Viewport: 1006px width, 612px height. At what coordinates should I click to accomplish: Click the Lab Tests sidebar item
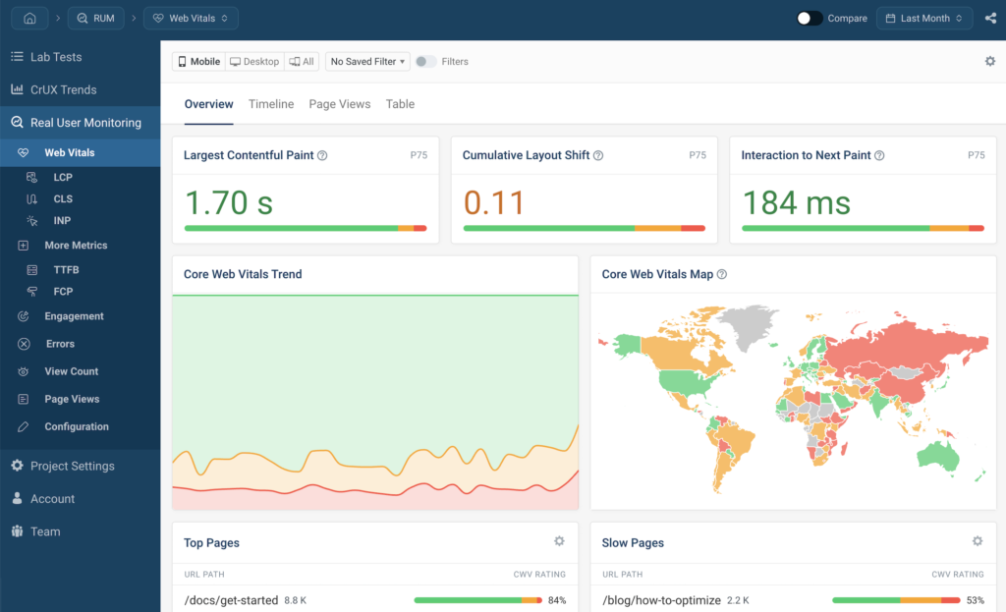(56, 57)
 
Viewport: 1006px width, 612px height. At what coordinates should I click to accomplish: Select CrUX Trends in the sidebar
(63, 89)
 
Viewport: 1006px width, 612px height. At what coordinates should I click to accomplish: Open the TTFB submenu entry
(66, 269)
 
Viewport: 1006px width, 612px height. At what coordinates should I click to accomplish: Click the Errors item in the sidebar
(60, 344)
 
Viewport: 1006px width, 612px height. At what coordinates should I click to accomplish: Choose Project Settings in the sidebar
(72, 466)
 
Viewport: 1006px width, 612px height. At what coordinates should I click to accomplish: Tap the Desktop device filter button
(254, 61)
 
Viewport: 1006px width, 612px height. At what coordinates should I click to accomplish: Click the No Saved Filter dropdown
(368, 61)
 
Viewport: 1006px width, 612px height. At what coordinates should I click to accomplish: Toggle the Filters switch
(425, 61)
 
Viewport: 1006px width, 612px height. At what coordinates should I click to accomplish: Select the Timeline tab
(271, 104)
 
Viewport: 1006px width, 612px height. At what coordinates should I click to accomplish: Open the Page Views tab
(340, 104)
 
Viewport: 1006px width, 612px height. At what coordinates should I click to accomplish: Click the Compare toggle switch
(810, 18)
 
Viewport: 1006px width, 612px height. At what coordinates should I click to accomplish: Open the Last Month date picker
(924, 18)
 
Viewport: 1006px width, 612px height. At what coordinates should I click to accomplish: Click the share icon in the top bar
(990, 18)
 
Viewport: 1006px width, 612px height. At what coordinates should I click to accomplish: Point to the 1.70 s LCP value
(229, 202)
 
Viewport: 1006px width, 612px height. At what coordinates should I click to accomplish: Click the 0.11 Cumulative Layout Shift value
(494, 202)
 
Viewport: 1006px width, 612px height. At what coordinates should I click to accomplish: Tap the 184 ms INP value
(797, 202)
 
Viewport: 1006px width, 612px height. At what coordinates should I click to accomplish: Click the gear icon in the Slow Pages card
(978, 541)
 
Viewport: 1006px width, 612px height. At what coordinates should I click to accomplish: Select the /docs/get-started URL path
(231, 600)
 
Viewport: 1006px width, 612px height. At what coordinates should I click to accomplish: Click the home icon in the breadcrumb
(29, 18)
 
